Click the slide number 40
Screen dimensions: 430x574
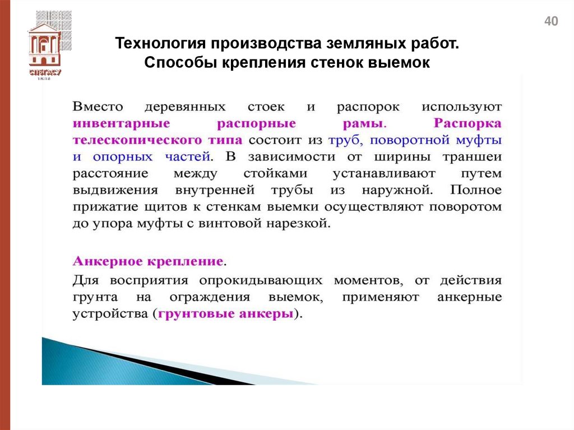(x=551, y=22)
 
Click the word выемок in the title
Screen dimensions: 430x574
(x=398, y=63)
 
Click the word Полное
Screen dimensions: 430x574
(x=475, y=190)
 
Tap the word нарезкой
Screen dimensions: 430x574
(x=298, y=224)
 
